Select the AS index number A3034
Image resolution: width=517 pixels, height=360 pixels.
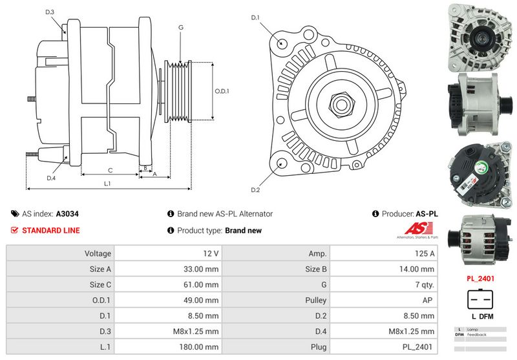point(67,213)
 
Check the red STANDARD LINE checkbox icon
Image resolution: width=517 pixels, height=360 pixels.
point(15,230)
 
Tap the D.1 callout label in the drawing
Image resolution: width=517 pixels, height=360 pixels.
point(255,17)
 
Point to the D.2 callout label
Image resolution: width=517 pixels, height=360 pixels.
point(255,189)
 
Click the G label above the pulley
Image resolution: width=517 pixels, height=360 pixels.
point(181,28)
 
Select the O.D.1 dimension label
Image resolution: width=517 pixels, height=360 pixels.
point(222,91)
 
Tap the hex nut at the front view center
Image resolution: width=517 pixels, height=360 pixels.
point(341,103)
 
